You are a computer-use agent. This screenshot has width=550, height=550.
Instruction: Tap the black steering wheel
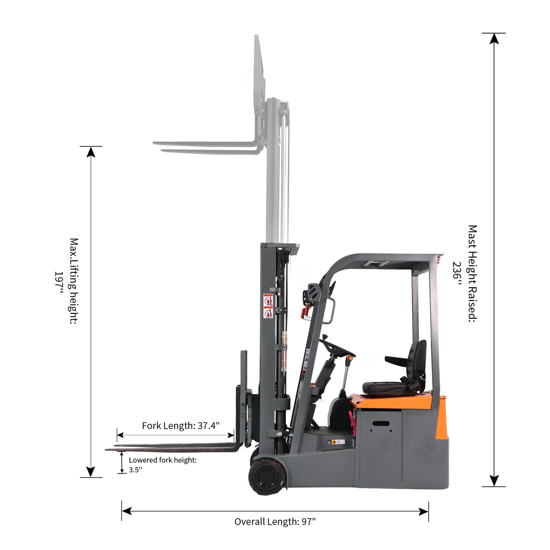(337, 348)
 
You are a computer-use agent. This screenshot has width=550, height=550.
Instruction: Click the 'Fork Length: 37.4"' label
(181, 426)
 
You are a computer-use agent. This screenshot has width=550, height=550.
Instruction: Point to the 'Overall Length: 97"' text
(275, 521)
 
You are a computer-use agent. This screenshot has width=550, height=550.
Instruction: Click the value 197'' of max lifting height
(59, 282)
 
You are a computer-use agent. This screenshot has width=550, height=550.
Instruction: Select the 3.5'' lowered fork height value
(135, 470)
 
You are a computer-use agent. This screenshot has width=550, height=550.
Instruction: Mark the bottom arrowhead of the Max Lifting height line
(91, 472)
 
